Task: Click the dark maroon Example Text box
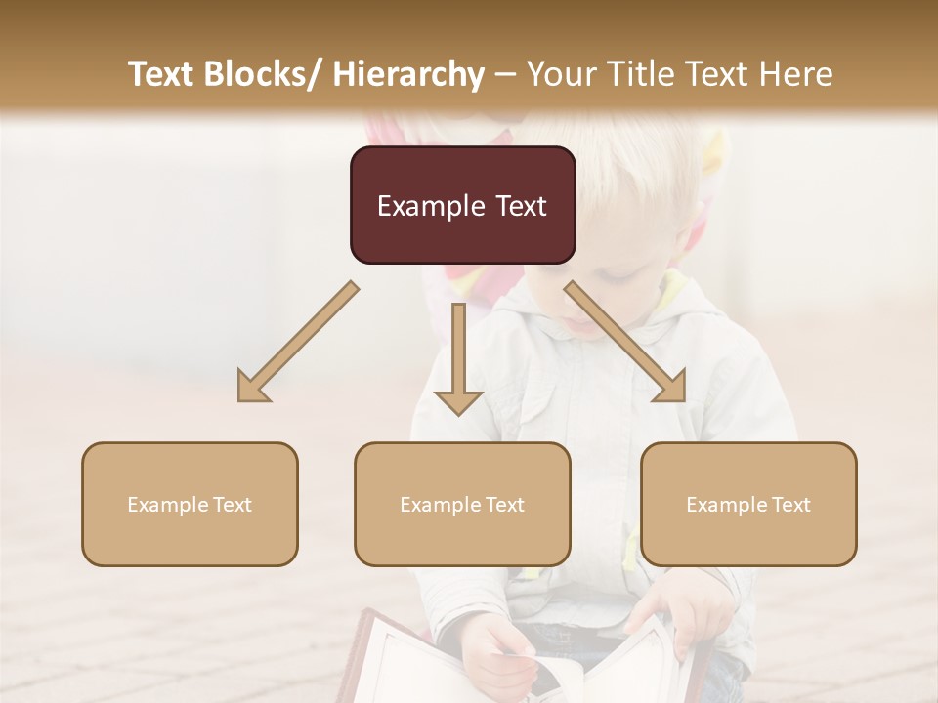462,205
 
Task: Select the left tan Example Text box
190,504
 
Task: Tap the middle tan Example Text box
462,504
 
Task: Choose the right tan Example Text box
748,504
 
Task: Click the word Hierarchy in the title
408,74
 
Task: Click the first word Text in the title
163,74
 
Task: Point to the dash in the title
505,74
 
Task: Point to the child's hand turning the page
498,649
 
